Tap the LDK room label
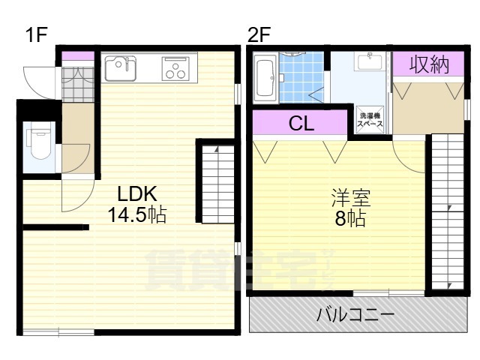point(134,191)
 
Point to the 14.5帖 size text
point(136,215)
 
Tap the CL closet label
point(301,124)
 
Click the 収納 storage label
point(429,65)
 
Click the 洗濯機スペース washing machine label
point(370,120)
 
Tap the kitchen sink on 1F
point(121,70)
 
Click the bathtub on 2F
point(265,78)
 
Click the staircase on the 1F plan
point(217,181)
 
